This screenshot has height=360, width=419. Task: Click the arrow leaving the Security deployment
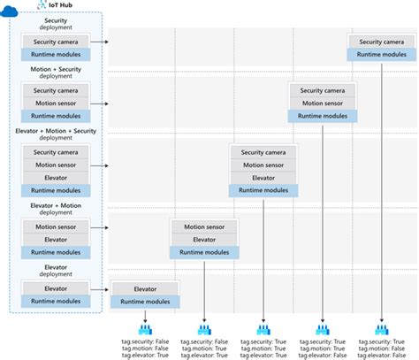coord(104,41)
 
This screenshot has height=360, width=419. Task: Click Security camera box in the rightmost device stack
coord(382,41)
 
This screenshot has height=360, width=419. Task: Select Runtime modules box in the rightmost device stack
coord(382,54)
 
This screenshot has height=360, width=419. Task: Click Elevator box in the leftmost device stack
coord(145,287)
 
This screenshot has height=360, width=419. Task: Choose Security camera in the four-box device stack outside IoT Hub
coord(263,151)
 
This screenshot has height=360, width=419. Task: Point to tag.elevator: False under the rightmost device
coord(382,356)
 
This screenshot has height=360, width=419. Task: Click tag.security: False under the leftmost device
coord(145,341)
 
